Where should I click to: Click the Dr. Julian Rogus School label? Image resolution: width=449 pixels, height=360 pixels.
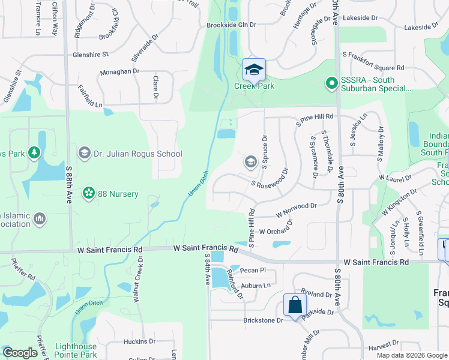[x=137, y=154]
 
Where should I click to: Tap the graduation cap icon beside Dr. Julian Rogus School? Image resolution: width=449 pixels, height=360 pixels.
[x=84, y=154]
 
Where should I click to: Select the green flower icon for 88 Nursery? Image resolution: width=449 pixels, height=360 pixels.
[x=89, y=193]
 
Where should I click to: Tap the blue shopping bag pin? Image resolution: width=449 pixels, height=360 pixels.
[x=295, y=305]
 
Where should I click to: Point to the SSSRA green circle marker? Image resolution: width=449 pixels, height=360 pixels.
[x=330, y=83]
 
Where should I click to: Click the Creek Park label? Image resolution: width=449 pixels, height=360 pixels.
[x=255, y=86]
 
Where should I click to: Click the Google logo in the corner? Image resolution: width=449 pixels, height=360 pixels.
[x=20, y=353]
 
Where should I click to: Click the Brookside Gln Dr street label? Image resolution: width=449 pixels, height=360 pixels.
[x=231, y=25]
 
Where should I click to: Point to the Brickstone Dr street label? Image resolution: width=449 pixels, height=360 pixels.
[x=263, y=320]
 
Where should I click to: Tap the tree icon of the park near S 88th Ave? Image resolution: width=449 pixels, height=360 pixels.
[x=35, y=154]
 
